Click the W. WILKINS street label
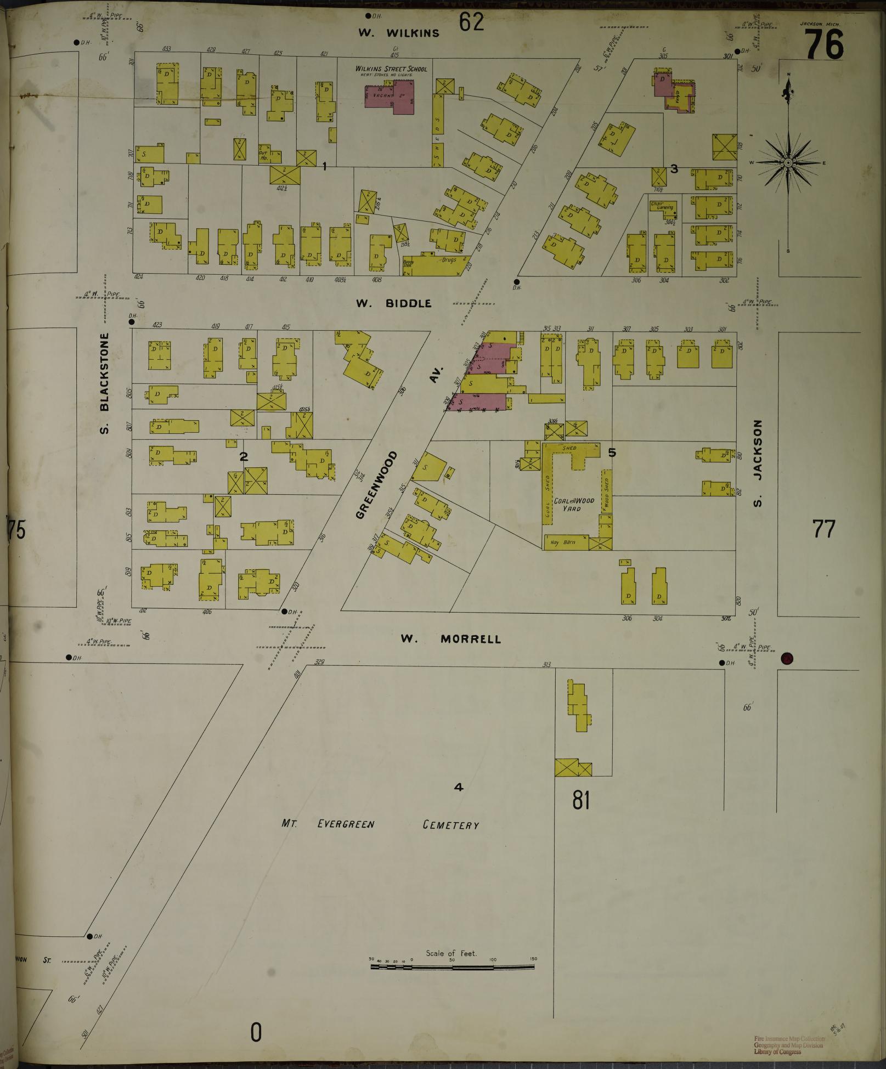point(399,33)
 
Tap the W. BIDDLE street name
point(394,303)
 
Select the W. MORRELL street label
point(450,639)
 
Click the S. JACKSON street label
point(758,464)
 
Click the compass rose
point(788,163)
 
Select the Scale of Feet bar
point(453,583)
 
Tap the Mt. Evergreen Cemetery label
point(380,824)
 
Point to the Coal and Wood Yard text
point(574,505)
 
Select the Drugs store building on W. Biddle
point(439,264)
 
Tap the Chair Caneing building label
point(662,206)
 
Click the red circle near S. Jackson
point(787,659)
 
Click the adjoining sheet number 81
point(581,801)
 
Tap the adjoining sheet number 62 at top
point(472,22)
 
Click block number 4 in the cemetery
point(459,788)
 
